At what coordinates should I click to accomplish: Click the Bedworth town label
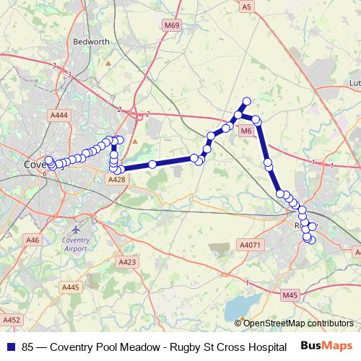(92, 42)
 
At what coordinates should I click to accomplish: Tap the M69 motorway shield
(170, 25)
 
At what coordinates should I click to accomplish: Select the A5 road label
(247, 6)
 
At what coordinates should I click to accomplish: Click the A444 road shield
(60, 115)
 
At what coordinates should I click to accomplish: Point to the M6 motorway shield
(245, 131)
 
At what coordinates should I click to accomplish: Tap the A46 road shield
(32, 240)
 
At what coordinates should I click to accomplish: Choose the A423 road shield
(126, 261)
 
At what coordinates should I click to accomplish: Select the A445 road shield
(71, 287)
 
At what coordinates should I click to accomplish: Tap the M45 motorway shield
(290, 295)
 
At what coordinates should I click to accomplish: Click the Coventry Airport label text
(76, 243)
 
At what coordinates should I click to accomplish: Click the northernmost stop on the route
(247, 101)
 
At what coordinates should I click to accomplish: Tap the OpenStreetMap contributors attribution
(297, 323)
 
